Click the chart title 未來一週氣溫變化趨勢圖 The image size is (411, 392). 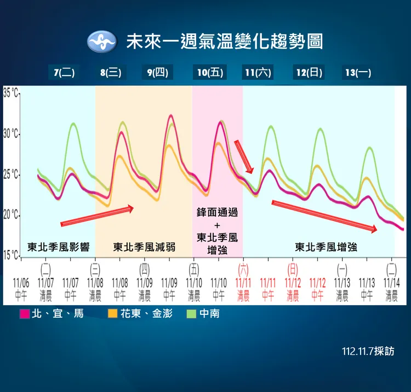[x=225, y=42]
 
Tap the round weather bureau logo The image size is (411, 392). [x=102, y=42]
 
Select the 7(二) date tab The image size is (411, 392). [x=64, y=73]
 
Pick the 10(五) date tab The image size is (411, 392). [x=210, y=73]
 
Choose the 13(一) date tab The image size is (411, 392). [x=358, y=73]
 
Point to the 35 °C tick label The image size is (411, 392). [x=10, y=92]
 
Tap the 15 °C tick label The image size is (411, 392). [x=10, y=255]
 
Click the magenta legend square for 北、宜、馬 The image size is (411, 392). [x=25, y=314]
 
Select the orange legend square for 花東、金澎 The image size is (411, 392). [x=113, y=314]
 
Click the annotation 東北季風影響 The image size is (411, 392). [x=58, y=247]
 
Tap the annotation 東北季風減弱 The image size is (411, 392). [x=144, y=247]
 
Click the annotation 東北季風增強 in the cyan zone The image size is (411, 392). [x=326, y=247]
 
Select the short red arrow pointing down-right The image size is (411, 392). [x=244, y=156]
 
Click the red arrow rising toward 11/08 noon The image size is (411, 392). [x=97, y=215]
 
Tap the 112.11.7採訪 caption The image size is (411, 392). [x=368, y=351]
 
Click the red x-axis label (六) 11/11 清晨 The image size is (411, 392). [x=243, y=283]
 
